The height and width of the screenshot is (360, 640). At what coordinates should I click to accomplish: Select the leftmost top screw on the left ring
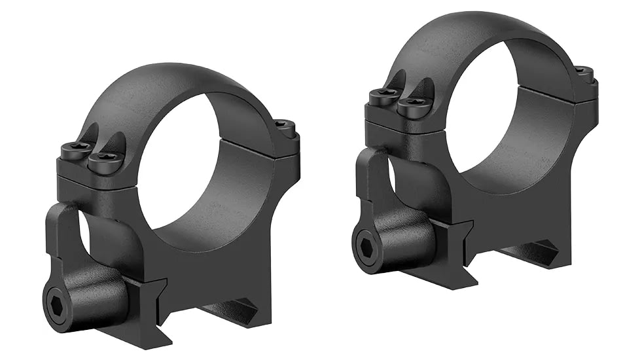(x=75, y=149)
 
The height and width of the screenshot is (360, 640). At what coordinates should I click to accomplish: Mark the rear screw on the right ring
(x=584, y=71)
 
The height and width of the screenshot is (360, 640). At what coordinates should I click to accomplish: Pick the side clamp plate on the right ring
(x=373, y=177)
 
